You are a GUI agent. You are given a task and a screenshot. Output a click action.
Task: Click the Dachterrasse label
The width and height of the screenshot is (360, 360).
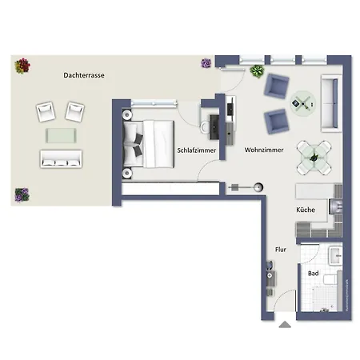pos(84,74)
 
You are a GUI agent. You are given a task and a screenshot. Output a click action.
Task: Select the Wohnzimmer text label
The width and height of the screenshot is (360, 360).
pos(261,150)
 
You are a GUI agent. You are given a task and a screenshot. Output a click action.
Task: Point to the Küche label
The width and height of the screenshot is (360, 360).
pos(305,210)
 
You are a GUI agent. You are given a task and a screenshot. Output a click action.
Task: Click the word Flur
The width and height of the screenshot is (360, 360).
pos(281,249)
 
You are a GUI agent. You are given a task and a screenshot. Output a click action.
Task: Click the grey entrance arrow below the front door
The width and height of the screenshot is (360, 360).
pos(284,326)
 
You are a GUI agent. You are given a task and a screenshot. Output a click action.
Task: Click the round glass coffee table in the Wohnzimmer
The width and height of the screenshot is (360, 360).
pos(302,100)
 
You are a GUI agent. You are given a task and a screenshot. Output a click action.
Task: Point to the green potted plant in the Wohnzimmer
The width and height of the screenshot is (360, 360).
pos(257,71)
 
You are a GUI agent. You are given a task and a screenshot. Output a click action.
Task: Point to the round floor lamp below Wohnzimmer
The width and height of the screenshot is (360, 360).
pos(258,186)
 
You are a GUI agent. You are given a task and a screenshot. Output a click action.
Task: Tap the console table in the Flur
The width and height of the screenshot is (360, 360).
pos(270,279)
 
